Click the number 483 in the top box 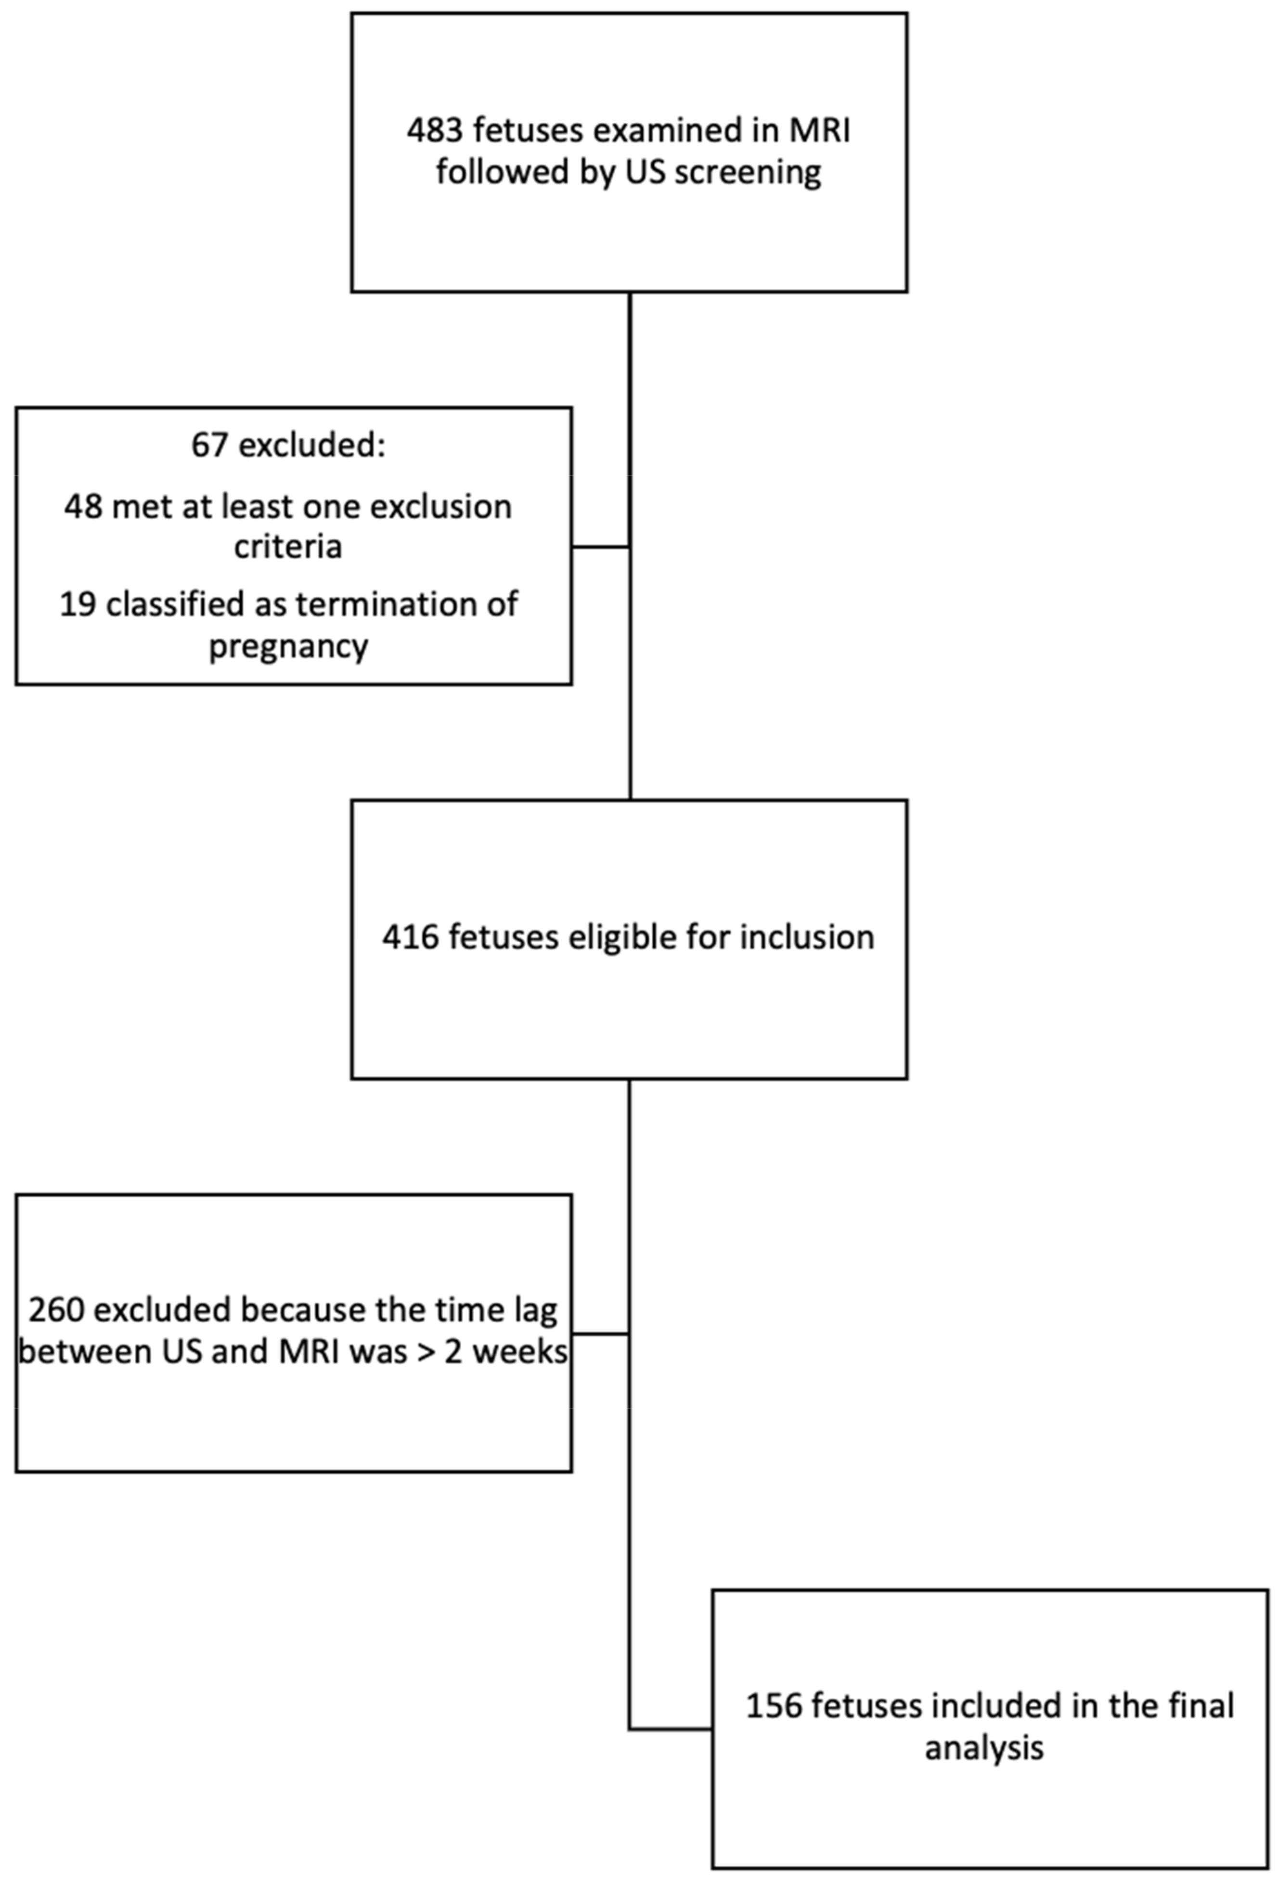(x=436, y=130)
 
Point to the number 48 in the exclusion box (x=83, y=507)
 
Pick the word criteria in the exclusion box (x=288, y=548)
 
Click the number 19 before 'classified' (x=78, y=604)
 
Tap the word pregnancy (x=288, y=646)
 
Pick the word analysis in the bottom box (x=983, y=1748)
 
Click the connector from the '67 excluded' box (x=600, y=547)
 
